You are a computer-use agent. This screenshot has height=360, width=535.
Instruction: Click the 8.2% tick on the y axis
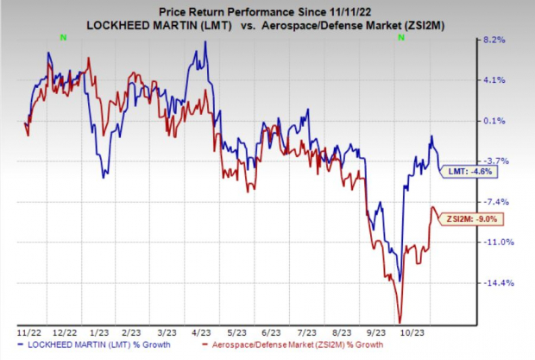coord(494,40)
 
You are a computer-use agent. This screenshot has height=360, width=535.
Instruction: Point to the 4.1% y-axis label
coord(494,80)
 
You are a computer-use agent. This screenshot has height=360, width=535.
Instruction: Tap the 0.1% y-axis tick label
coord(494,121)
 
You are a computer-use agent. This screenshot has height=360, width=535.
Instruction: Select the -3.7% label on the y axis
coord(494,161)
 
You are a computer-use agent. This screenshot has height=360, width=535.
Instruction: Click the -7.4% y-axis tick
coord(494,202)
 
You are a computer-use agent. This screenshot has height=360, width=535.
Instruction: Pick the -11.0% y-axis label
coord(495,243)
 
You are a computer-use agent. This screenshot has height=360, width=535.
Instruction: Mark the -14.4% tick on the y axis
coord(495,283)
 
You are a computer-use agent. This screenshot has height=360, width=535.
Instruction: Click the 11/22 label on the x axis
coord(26,332)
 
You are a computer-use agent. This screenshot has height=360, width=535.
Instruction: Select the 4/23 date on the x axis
coord(199,332)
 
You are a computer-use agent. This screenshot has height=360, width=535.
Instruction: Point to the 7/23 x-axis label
coord(302,332)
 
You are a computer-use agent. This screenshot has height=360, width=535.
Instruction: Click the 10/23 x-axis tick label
coord(406,332)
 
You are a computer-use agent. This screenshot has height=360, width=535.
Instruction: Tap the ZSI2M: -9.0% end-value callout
coord(459,219)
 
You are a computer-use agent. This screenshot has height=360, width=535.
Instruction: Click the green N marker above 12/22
coord(64,35)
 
